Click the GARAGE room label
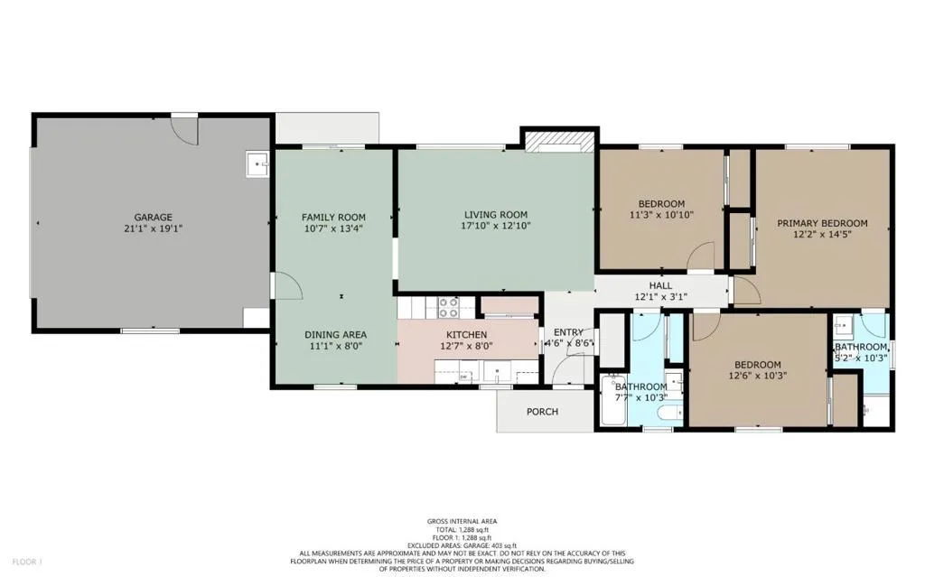[x=153, y=218]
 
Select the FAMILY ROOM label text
[x=333, y=218]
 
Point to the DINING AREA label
[x=334, y=334]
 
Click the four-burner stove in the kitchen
[x=449, y=308]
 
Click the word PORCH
[x=542, y=412]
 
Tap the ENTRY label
[x=568, y=332]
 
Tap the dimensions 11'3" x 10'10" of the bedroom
[x=660, y=215]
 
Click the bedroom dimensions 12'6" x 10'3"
[x=759, y=376]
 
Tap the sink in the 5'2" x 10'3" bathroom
[x=842, y=324]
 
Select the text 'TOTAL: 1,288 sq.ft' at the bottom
[x=462, y=529]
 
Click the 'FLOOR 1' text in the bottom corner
[x=26, y=563]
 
